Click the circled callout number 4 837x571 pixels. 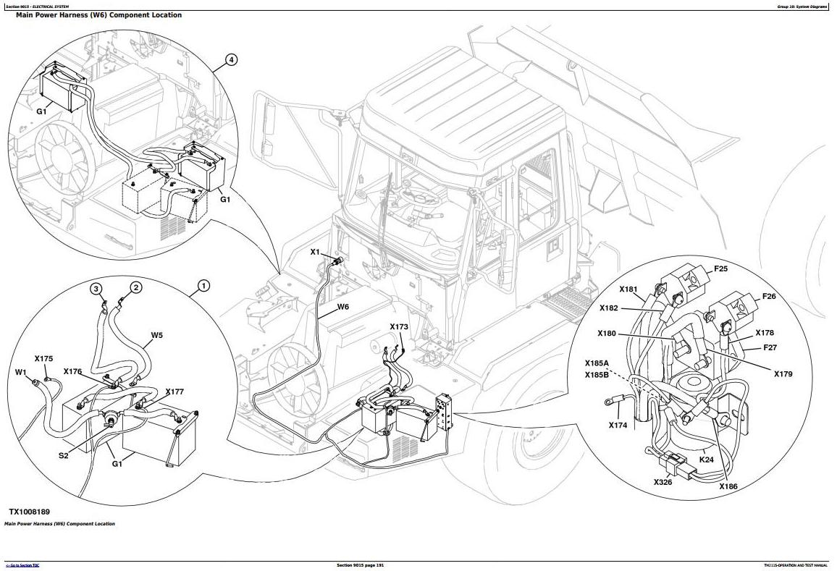point(231,60)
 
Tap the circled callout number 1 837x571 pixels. point(203,287)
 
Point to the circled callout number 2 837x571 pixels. point(135,287)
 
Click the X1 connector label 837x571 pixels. point(315,252)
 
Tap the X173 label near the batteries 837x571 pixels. point(399,327)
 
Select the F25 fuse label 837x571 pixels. point(720,269)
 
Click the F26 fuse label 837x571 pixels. point(769,297)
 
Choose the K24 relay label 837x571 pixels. point(707,459)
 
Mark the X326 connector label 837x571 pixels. point(663,481)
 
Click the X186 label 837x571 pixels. point(728,486)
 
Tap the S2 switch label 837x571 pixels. point(64,455)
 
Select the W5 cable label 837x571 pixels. point(157,335)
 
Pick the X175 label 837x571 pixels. point(43,358)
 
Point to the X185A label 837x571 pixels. point(597,363)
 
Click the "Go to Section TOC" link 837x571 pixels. point(22,565)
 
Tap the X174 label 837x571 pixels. point(618,425)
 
